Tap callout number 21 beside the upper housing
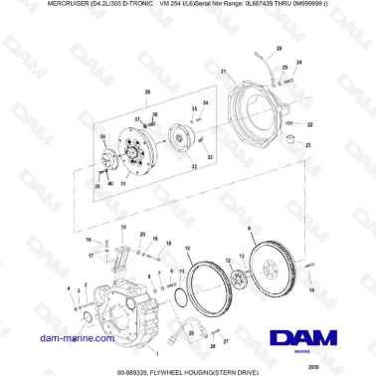[x=225, y=72]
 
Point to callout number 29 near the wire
[x=279, y=48]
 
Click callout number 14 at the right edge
[x=311, y=289]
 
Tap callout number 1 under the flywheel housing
[x=154, y=352]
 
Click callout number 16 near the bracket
[x=88, y=240]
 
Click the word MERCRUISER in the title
[x=41, y=8]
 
